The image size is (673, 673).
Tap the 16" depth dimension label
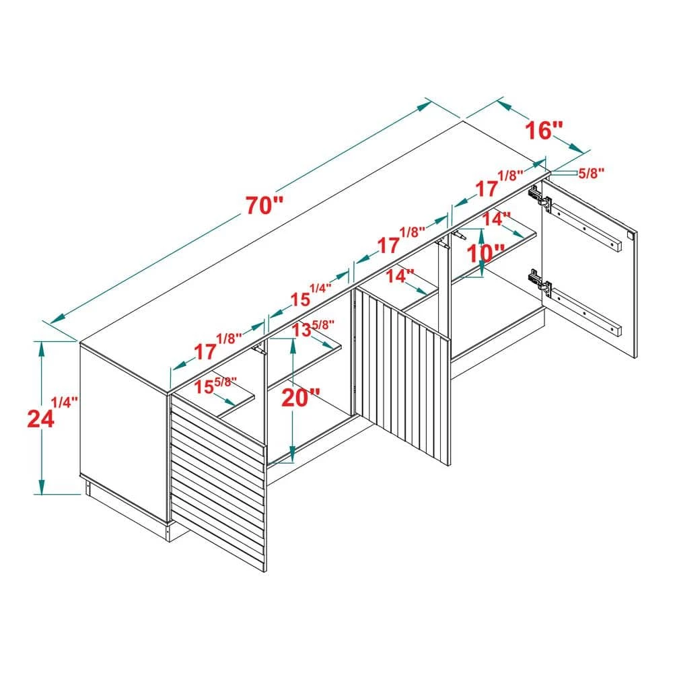pos(543,129)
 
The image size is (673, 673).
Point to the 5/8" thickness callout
pos(591,172)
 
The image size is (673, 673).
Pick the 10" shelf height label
pos(486,254)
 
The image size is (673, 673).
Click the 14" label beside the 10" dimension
pos(497,219)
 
